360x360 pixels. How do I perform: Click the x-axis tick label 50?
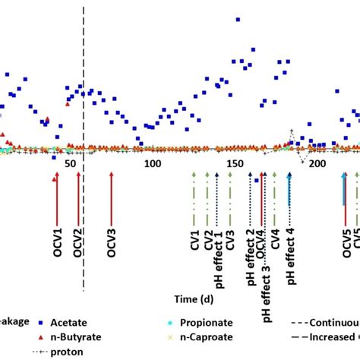pos(71,164)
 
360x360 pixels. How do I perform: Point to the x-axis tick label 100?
pos(153,164)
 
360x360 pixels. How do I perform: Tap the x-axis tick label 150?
pos(235,164)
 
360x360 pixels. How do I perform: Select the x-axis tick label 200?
pos(317,164)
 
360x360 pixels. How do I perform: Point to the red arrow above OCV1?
pos(55,190)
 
